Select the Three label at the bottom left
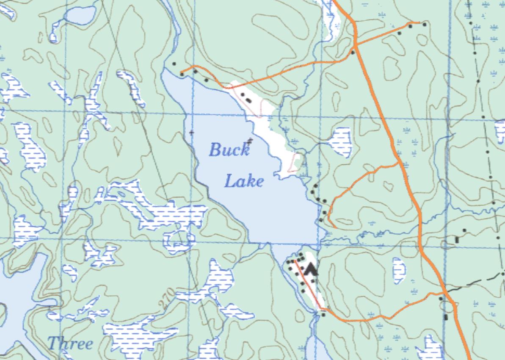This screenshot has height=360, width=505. click(70, 343)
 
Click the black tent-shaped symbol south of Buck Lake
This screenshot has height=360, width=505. click(312, 269)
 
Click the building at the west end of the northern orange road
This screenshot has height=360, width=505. click(182, 74)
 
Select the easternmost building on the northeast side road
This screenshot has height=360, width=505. click(425, 24)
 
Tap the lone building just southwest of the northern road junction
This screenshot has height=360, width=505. click(353, 53)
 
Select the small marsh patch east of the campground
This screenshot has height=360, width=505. click(399, 270)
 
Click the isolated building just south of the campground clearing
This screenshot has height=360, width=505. click(324, 314)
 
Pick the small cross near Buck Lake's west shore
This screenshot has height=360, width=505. click(191, 133)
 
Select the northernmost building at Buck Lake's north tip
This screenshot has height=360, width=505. click(174, 64)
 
